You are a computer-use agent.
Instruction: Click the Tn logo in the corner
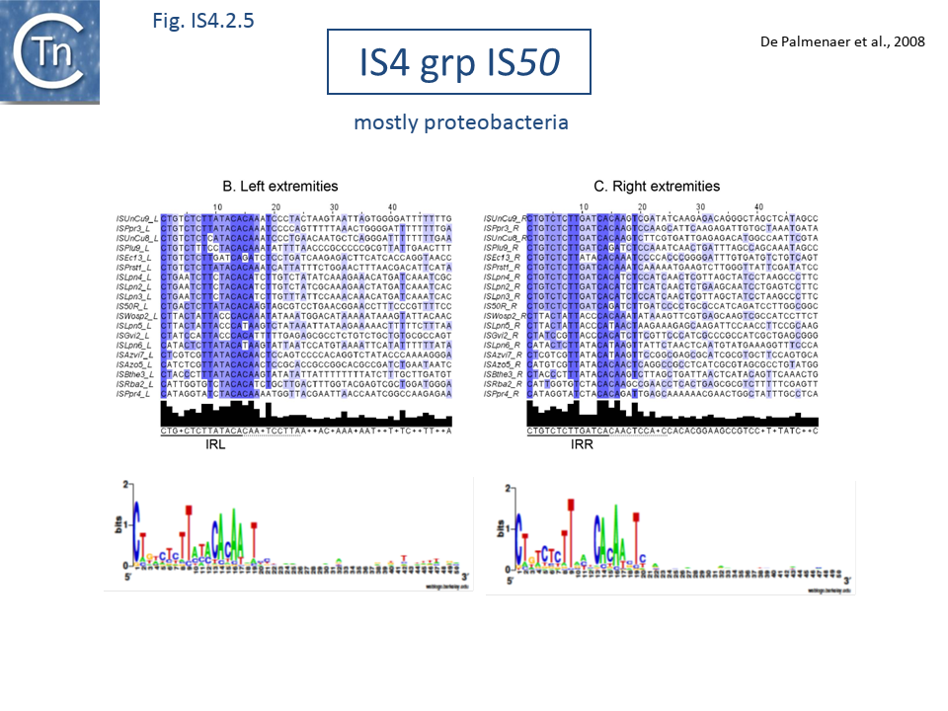pos(49,51)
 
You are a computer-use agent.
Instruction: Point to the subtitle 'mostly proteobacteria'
pos(461,123)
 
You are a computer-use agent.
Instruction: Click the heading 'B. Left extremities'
pos(280,186)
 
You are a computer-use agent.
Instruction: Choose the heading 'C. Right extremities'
pos(657,186)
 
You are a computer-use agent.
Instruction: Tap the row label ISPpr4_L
pos(134,393)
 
